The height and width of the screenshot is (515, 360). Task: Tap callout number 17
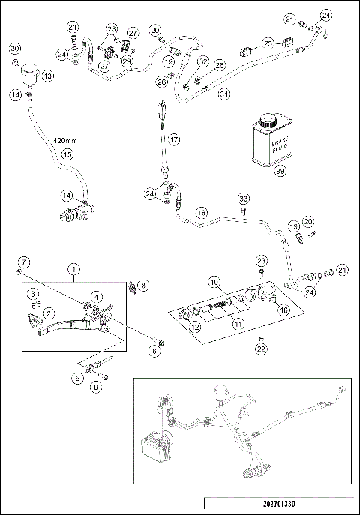click(173, 139)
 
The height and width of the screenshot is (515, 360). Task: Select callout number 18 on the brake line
click(201, 213)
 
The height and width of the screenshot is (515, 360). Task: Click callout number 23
click(260, 260)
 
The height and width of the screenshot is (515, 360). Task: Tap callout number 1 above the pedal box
click(73, 268)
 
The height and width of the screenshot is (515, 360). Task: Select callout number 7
click(22, 261)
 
